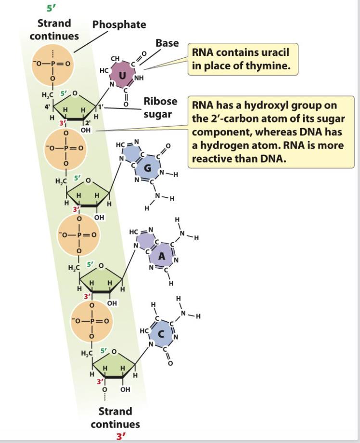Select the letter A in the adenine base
(163, 257)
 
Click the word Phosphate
(119, 24)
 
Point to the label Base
(167, 43)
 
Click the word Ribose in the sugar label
(161, 102)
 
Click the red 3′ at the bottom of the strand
(117, 436)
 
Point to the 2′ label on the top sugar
(88, 122)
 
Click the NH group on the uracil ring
(139, 78)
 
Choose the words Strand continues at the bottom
(115, 417)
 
